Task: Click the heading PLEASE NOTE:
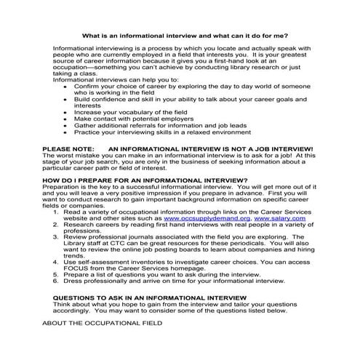point(68,147)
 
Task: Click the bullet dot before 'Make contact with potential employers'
point(66,117)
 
